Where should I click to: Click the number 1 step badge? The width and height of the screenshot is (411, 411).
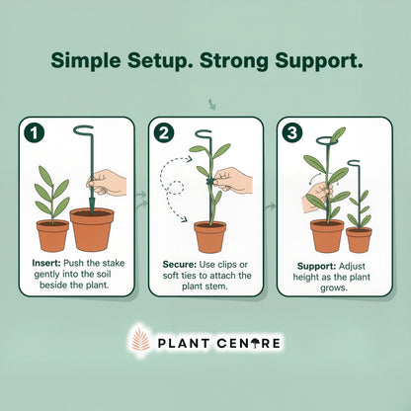35,132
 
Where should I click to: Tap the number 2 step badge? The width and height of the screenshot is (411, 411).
164,132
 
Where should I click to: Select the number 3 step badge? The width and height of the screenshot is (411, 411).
292,132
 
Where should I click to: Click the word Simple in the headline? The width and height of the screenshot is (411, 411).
86,61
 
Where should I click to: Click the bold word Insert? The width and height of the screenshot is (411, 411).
46,263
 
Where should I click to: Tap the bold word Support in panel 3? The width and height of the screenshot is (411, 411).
316,266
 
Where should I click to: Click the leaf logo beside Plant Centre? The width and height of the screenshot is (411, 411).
140,342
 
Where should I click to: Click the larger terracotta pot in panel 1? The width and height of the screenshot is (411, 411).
92,229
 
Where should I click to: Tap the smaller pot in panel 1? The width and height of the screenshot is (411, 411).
52,235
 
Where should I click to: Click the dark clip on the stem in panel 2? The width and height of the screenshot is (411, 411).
210,182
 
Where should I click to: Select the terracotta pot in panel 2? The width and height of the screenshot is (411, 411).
210,237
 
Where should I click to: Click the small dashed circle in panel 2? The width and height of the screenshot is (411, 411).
176,188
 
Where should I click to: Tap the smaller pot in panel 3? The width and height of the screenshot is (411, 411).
359,239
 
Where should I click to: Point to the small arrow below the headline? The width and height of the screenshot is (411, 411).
211,104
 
